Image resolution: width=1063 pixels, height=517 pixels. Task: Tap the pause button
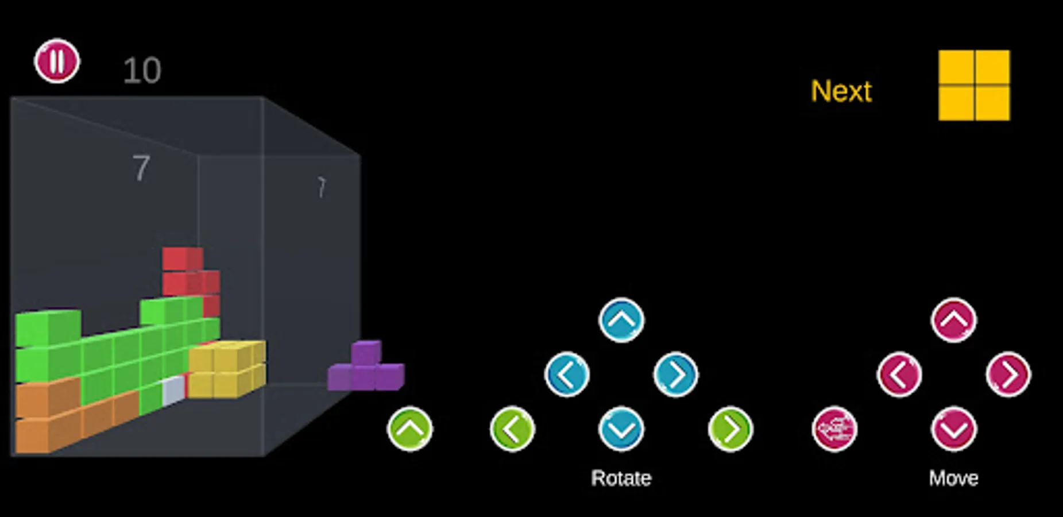[x=57, y=61]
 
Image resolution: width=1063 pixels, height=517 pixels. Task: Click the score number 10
[x=142, y=71]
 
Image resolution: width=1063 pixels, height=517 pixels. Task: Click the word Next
[x=841, y=91]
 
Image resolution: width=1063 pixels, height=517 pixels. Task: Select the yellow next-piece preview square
[x=974, y=86]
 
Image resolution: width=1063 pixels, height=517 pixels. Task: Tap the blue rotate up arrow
[x=621, y=320]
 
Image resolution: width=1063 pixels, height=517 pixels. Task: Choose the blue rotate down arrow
[x=621, y=429]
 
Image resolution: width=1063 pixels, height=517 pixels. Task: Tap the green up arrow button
[x=410, y=429]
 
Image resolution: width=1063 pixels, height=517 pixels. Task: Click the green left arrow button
[x=512, y=429]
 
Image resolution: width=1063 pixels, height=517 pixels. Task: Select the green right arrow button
[x=730, y=429]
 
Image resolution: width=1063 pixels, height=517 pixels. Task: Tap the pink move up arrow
[x=953, y=320]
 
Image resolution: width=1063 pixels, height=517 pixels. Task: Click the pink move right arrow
[x=1008, y=375]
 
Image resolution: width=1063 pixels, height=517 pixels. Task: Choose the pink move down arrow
[x=953, y=429]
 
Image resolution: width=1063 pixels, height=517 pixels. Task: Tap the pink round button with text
[x=834, y=429]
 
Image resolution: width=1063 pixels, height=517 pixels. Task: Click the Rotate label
[x=621, y=478]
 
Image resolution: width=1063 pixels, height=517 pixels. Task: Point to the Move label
[x=953, y=478]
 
